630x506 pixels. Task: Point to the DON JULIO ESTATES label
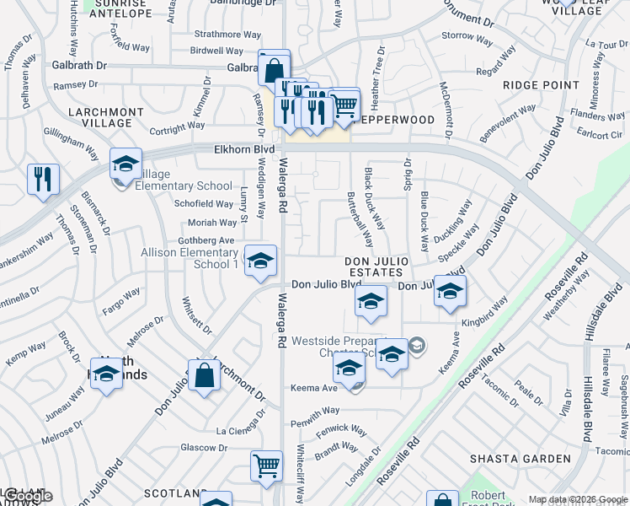tap(376, 266)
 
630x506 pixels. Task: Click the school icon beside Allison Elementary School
tap(260, 261)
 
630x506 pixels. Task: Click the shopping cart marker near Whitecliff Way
tap(266, 466)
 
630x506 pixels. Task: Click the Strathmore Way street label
tap(216, 35)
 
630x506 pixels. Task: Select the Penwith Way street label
tap(314, 411)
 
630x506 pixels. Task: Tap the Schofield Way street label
tap(203, 204)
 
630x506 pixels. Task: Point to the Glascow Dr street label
tap(199, 447)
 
